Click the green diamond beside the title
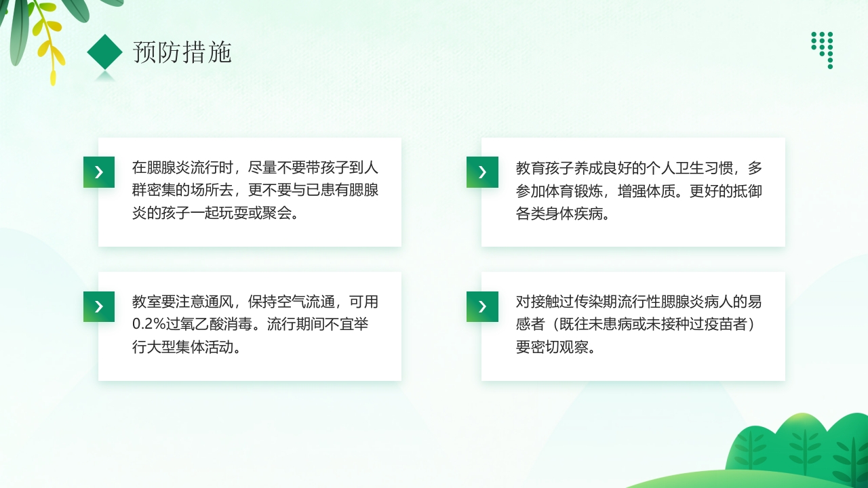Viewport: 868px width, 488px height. point(104,52)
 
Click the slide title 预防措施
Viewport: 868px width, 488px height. point(182,52)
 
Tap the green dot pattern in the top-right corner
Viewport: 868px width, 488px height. point(823,49)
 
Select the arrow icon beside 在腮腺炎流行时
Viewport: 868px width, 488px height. point(99,172)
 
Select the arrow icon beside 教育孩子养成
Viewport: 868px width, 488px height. point(482,172)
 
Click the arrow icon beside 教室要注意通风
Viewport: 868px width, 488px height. point(99,306)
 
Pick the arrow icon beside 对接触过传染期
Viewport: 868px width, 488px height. point(482,306)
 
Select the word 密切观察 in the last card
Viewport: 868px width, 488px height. point(555,348)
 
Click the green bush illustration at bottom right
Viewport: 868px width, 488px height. point(800,447)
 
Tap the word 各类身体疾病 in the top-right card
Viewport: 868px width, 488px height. point(557,213)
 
